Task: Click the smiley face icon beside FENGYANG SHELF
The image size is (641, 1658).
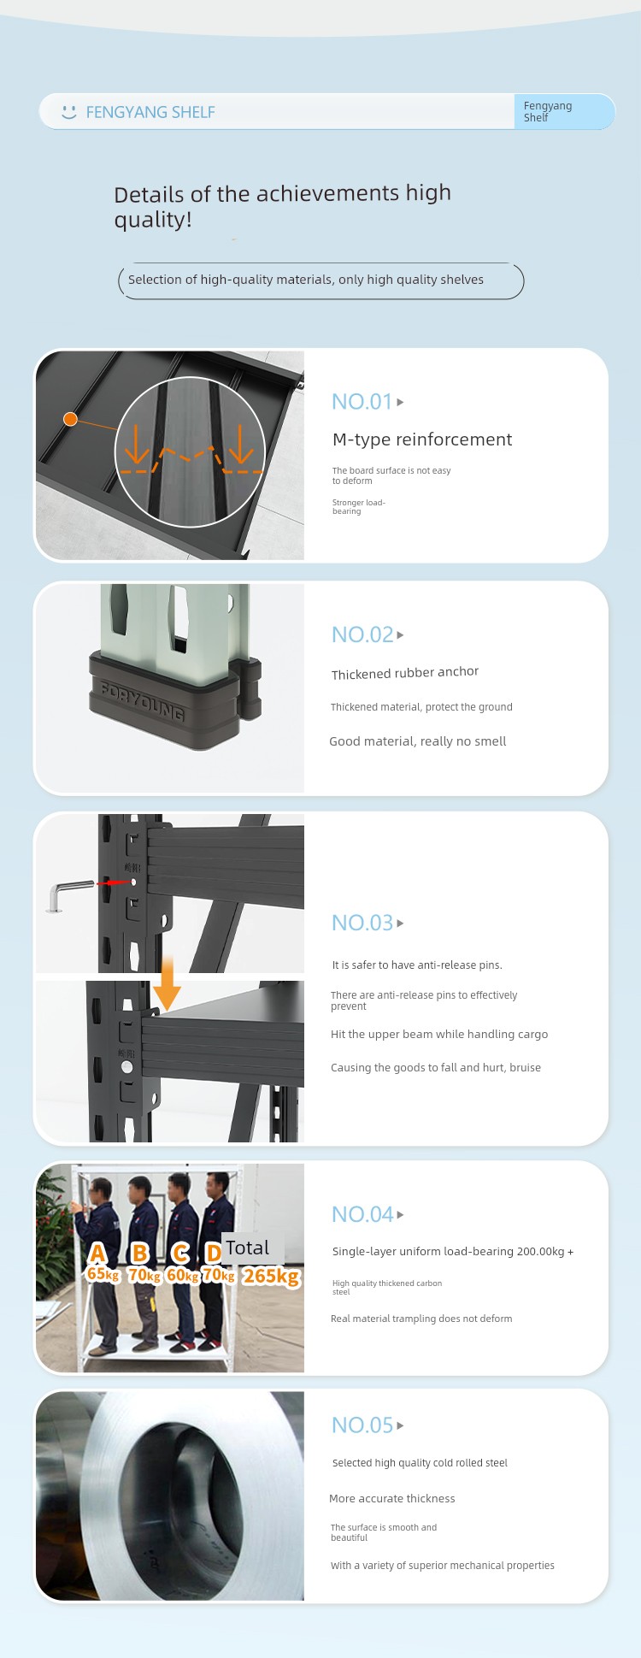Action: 69,112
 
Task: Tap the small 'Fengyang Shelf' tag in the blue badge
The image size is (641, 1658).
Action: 548,112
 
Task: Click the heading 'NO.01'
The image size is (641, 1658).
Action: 362,402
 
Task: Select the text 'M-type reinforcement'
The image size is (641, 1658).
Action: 422,440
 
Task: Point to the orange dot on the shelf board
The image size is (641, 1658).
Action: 71,418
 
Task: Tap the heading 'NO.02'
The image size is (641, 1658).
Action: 362,634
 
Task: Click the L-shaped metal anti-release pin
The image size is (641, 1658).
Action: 69,894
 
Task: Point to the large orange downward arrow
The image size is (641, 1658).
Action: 167,983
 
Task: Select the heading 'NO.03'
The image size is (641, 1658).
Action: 362,923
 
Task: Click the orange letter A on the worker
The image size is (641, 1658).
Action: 97,1253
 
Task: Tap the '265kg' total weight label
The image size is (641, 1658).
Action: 272,1276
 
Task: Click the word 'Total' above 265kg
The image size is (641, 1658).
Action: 248,1248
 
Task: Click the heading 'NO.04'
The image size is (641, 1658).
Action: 362,1214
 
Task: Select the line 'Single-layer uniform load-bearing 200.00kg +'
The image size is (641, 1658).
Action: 453,1251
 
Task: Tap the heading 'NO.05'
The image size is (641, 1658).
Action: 362,1425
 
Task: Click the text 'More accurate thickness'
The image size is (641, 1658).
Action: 392,1498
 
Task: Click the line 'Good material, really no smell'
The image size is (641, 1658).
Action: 418,741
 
